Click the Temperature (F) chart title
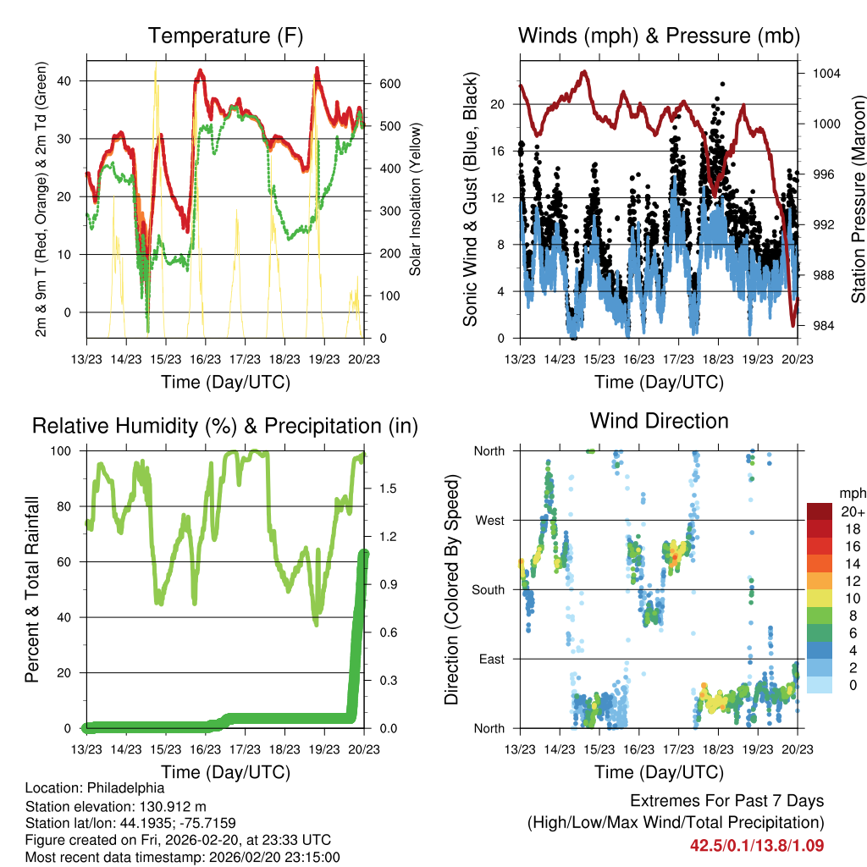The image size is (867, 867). pos(225,36)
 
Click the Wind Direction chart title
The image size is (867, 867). pos(659,420)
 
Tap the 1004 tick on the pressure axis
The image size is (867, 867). pos(825,73)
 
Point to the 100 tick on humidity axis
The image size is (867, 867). pos(64,450)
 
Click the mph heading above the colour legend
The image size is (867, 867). pos(848,493)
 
